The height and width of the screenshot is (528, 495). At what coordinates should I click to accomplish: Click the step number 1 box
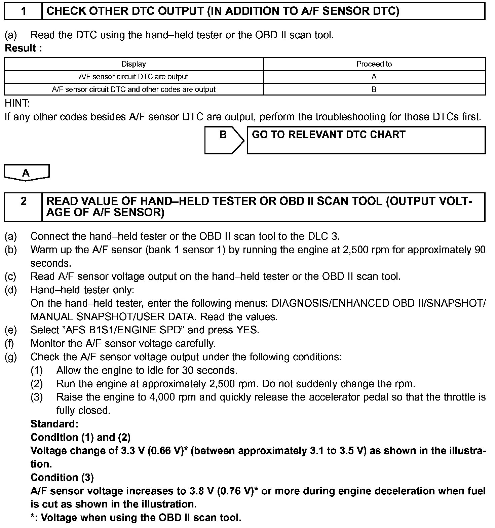point(23,11)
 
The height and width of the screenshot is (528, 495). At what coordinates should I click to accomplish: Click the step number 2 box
point(23,206)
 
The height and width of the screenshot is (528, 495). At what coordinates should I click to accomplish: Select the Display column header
point(134,64)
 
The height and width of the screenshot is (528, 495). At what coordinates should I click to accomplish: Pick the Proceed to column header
point(374,64)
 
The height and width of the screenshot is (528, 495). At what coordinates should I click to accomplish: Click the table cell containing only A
point(374,77)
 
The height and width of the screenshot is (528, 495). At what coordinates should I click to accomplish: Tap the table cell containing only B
point(374,89)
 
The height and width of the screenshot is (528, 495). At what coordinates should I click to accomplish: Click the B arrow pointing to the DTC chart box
point(224,140)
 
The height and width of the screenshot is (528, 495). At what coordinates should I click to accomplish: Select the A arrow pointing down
point(26,173)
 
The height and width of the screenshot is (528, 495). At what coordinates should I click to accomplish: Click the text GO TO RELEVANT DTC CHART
point(329,135)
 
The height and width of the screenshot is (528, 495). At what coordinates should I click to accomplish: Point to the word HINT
point(17,103)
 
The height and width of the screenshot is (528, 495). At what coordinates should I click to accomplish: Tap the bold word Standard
point(54,424)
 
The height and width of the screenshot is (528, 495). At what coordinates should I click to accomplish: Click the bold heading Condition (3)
point(62,478)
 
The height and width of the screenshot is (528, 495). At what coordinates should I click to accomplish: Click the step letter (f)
point(10,343)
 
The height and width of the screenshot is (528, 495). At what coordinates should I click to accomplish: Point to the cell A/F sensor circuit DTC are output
point(134,77)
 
